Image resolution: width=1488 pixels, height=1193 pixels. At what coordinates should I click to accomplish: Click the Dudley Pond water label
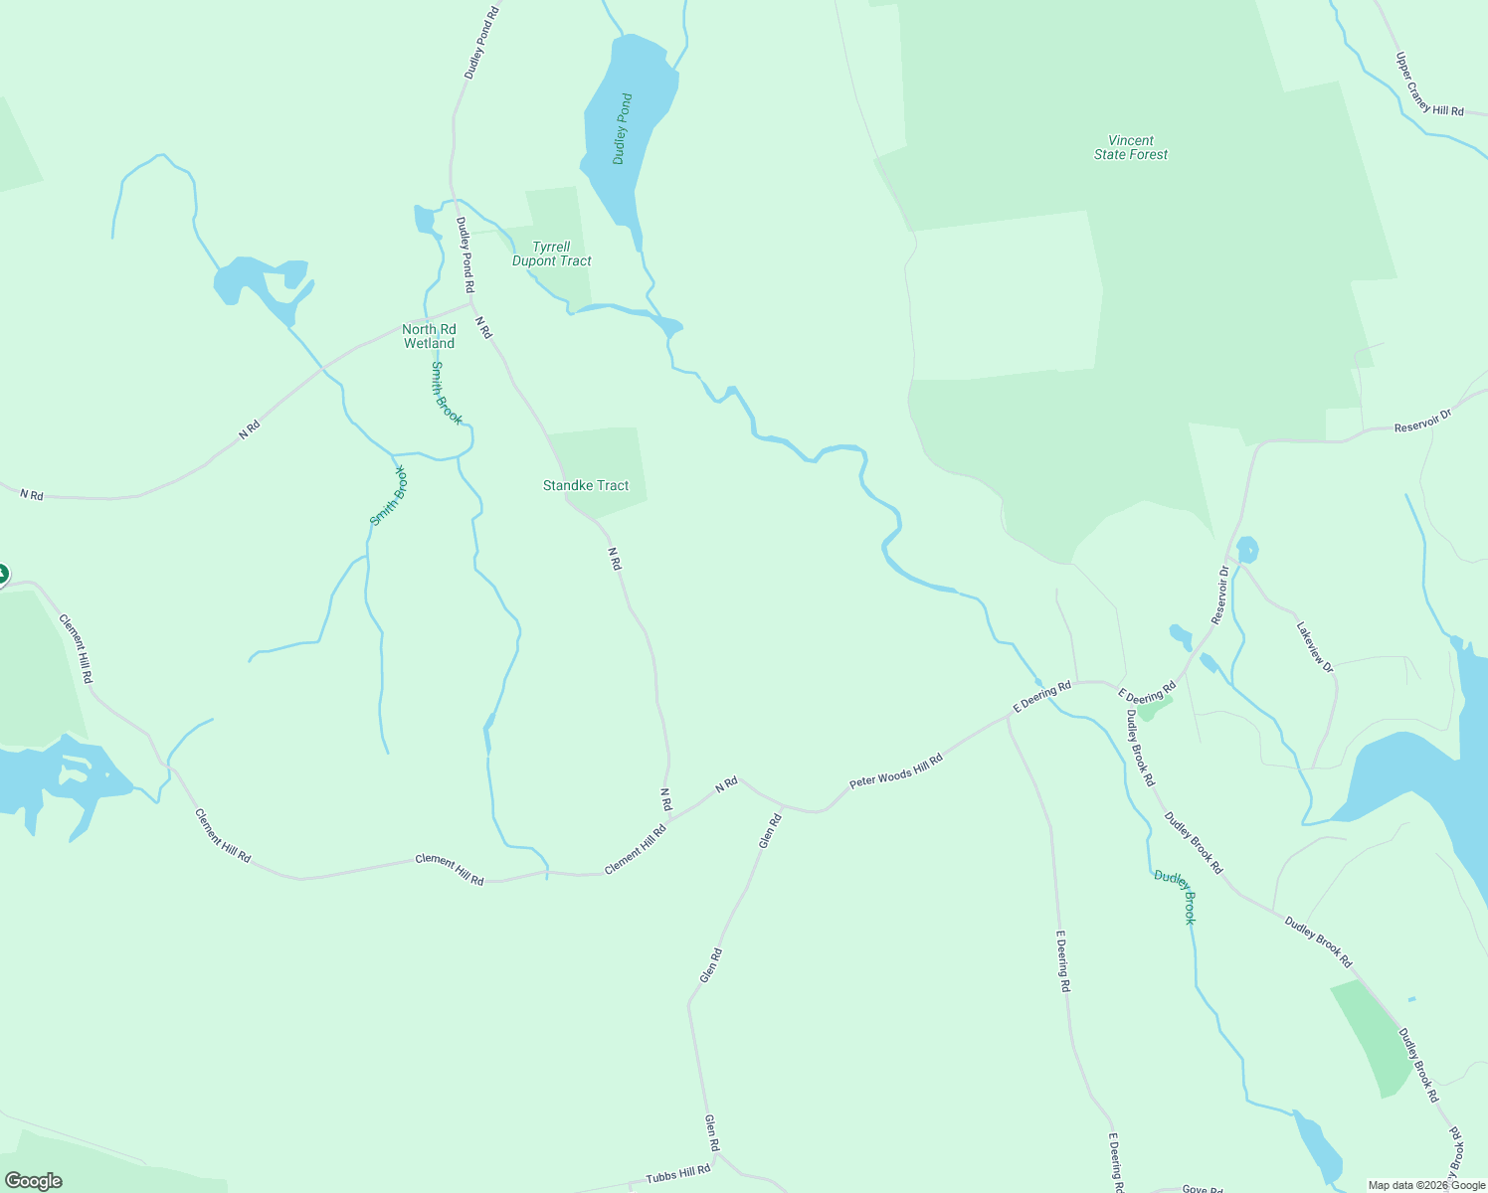[x=623, y=129]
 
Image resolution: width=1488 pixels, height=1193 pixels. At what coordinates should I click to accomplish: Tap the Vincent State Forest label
[x=1131, y=148]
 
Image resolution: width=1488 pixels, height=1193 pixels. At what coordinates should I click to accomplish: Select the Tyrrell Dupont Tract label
[x=551, y=255]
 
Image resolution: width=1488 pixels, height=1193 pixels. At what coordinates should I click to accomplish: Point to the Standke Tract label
[x=586, y=485]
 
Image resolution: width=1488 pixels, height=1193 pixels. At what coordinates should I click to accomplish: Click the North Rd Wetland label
[x=429, y=336]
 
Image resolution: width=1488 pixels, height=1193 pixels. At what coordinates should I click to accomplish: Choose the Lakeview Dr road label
[x=1315, y=647]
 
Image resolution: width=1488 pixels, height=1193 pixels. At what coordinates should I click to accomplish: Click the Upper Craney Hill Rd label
[x=1429, y=85]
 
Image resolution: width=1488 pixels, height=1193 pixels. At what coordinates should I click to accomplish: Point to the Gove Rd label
[x=1202, y=1189]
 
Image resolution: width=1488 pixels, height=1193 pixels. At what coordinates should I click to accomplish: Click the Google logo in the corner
[x=34, y=1181]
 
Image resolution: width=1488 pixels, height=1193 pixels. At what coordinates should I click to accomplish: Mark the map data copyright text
[x=1426, y=1185]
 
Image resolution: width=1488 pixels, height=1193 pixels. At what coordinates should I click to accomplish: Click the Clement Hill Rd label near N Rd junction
[x=636, y=850]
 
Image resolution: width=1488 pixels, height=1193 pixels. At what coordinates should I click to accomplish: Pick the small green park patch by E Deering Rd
[x=1153, y=708]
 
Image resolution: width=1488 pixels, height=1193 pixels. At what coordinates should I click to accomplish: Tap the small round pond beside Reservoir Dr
[x=1246, y=549]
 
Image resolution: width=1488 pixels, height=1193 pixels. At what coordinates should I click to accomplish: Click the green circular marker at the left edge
[x=2, y=574]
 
